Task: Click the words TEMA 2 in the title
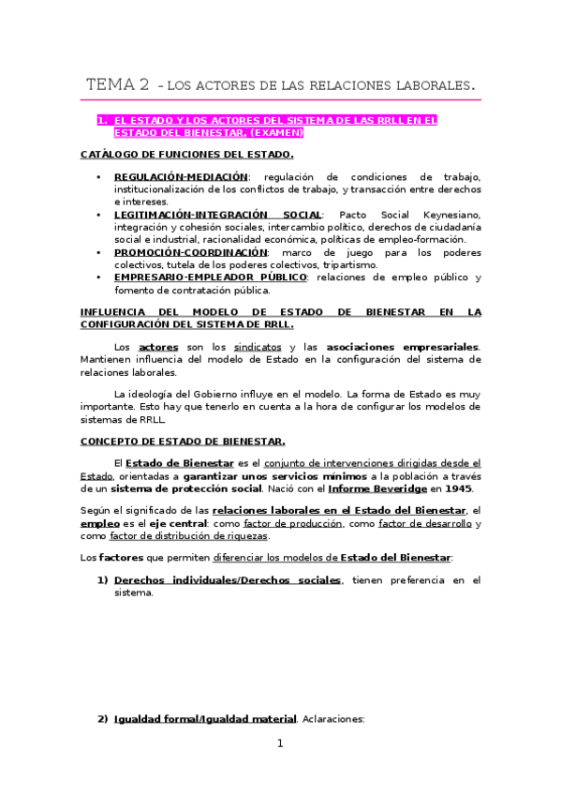pos(117,85)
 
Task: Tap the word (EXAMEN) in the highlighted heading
pos(277,133)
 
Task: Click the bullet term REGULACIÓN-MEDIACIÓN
pos(182,176)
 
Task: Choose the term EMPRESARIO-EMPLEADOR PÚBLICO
pos(210,277)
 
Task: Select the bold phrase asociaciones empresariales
pos(414,347)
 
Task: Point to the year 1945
pos(458,488)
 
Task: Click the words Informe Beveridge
pos(387,488)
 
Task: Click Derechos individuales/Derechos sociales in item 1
pos(228,580)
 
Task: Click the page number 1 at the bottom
pos(279,744)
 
